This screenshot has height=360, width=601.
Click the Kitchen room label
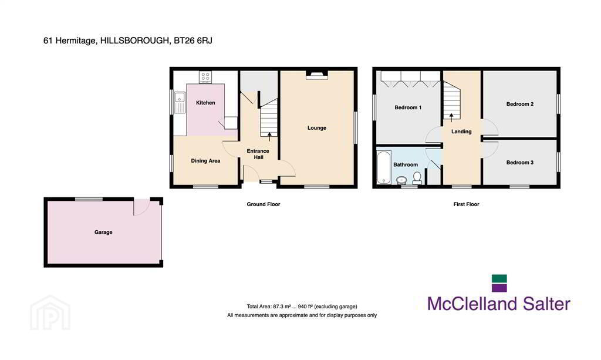205,103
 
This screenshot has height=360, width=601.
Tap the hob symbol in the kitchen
205,77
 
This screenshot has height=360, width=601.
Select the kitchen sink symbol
180,103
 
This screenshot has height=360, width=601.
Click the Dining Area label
205,161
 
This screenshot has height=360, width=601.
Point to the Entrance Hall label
258,154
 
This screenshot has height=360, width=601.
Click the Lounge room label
316,128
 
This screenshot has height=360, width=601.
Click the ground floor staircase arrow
269,136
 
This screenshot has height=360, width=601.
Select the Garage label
103,233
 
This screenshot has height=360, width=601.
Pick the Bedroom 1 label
408,107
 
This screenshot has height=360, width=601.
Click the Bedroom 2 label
520,104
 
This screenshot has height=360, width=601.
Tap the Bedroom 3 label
520,163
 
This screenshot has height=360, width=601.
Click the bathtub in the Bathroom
384,167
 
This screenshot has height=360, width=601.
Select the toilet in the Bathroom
417,179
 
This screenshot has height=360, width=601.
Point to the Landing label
461,132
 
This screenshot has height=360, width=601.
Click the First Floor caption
466,204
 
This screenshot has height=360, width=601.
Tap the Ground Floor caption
264,204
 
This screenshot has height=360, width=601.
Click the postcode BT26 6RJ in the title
193,41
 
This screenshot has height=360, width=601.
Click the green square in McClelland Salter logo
499,278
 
